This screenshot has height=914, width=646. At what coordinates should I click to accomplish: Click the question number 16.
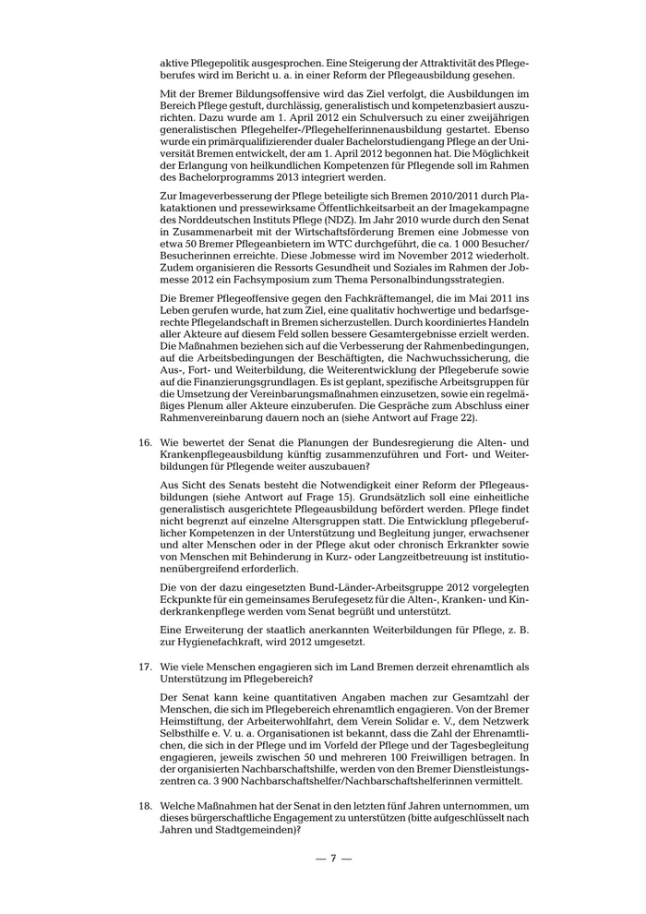(145, 443)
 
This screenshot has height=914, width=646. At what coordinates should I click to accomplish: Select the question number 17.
(145, 665)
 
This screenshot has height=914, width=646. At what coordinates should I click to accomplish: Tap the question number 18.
(145, 806)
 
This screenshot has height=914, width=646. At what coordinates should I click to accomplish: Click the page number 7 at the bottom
(333, 859)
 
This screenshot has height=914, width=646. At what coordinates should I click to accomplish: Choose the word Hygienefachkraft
(215, 643)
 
